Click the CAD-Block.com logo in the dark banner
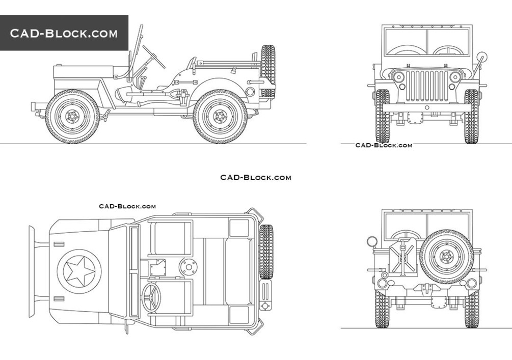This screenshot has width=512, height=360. click(x=64, y=34)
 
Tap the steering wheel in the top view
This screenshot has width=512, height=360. click(x=152, y=297)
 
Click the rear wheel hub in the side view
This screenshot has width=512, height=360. click(x=220, y=116)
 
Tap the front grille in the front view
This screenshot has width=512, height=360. click(x=427, y=85)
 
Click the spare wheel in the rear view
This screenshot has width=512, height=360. click(x=447, y=257)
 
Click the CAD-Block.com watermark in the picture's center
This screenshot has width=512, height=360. click(x=256, y=178)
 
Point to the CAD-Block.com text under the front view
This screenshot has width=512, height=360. click(x=384, y=145)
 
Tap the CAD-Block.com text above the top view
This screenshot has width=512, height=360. click(x=127, y=206)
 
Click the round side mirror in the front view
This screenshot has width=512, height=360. click(x=481, y=57)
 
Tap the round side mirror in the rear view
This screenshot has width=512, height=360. click(x=371, y=240)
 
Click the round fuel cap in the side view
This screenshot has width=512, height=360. click(x=250, y=92)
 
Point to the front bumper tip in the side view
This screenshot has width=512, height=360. click(x=33, y=107)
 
